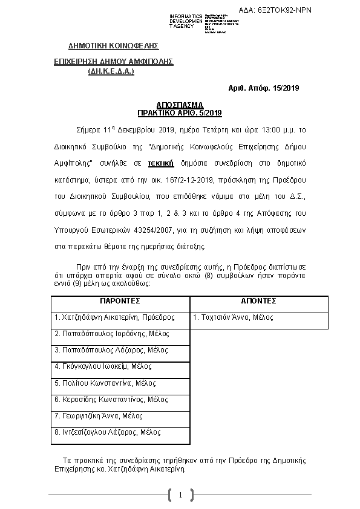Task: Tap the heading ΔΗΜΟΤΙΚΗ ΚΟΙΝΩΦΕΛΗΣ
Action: [x=113, y=45]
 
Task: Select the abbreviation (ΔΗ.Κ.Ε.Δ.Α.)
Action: [x=111, y=71]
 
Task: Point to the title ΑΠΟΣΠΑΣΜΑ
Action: [x=180, y=105]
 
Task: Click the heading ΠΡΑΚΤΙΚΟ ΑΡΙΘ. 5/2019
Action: [x=180, y=112]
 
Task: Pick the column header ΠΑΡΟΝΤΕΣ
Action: [x=120, y=300]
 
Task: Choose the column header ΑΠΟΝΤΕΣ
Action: [x=258, y=300]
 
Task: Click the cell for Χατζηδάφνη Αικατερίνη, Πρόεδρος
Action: [x=114, y=317]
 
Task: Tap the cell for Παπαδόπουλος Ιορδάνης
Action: [x=112, y=334]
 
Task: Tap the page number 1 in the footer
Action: [x=180, y=496]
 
